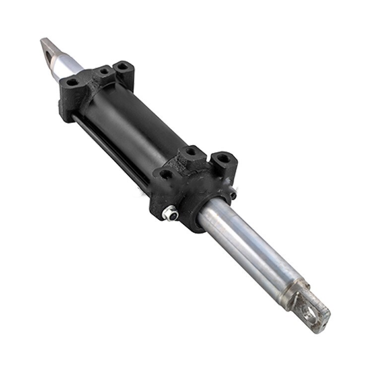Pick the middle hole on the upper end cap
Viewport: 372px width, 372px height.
104,71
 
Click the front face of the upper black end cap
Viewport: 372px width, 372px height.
67,102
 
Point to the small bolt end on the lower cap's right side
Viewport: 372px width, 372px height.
233,194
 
